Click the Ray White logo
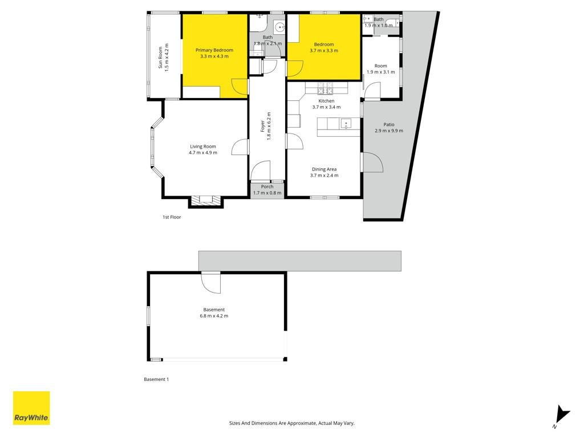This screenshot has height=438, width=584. click(x=31, y=408)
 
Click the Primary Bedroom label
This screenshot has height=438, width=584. click(x=214, y=50)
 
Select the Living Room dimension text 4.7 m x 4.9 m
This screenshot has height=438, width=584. click(x=203, y=153)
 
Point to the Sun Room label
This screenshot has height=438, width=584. click(x=160, y=58)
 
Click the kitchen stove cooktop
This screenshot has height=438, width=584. click(x=325, y=88)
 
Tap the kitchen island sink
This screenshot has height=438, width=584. click(x=346, y=123)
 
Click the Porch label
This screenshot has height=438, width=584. click(x=267, y=186)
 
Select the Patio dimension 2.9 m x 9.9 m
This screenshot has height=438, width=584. click(x=389, y=131)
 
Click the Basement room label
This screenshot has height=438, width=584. click(x=214, y=310)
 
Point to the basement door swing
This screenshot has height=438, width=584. click(x=211, y=283)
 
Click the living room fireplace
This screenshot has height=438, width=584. click(x=205, y=200)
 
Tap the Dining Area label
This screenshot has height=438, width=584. click(x=324, y=169)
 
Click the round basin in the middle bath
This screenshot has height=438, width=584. click(x=279, y=27)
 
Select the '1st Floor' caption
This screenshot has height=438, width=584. click(x=172, y=217)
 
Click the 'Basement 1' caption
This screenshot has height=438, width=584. click(x=156, y=379)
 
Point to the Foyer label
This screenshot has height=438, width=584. click(x=262, y=126)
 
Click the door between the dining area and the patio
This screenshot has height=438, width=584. click(x=372, y=162)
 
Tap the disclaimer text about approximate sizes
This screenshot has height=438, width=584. click(x=291, y=423)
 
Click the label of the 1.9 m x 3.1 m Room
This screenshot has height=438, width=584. click(x=380, y=66)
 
